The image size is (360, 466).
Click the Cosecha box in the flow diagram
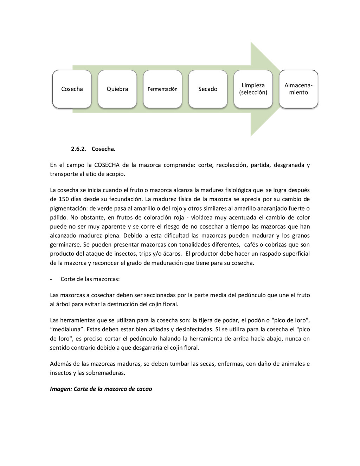coord(72,89)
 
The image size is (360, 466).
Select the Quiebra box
coord(117,89)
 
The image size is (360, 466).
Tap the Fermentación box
coord(162,89)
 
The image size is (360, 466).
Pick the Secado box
coord(208,89)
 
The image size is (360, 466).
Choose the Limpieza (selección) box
coord(253,89)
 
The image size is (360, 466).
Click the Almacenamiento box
coord(298,89)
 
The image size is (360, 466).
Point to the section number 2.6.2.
coord(78,149)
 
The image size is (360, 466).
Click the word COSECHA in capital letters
coord(107,165)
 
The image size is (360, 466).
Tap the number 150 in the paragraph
coord(64,199)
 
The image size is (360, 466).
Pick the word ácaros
coord(172,254)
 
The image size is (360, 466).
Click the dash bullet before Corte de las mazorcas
coord(51,279)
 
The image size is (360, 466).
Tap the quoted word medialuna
coord(66,330)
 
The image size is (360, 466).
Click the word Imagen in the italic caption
coord(60,389)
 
